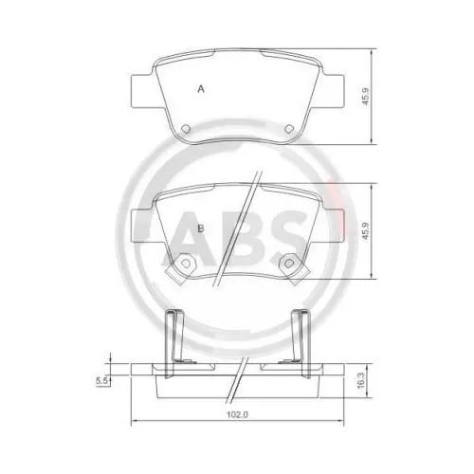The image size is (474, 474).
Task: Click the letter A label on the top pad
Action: (200, 89)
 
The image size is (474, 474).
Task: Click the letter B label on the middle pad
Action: (200, 228)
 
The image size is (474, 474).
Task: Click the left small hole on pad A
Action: (186, 129)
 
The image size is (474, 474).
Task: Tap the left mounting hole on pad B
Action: (180, 262)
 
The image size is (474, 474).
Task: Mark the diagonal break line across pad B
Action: (236, 228)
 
